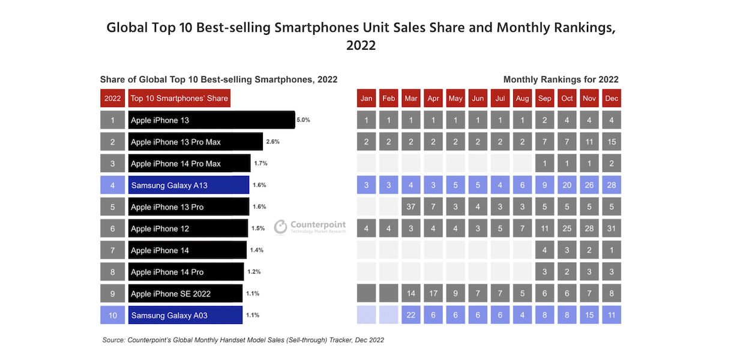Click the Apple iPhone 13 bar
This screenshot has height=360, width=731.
click(211, 120)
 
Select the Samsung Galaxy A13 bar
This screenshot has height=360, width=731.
click(188, 185)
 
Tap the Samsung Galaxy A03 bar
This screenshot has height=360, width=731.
click(185, 315)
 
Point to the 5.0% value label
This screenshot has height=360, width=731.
click(303, 120)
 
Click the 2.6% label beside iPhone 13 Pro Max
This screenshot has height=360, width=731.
click(272, 142)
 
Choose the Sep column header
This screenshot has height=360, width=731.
click(545, 98)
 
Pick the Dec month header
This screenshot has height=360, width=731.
click(612, 98)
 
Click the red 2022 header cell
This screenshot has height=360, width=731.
click(112, 98)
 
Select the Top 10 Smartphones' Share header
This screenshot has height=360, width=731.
click(179, 98)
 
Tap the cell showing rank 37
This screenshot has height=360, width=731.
click(411, 207)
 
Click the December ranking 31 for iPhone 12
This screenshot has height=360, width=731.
click(612, 229)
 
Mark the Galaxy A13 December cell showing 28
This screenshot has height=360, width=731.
click(612, 185)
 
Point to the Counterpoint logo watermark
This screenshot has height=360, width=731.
click(310, 227)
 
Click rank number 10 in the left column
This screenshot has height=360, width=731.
click(112, 315)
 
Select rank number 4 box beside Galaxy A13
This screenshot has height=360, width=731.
click(112, 185)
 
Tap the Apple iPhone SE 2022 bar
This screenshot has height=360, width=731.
click(185, 293)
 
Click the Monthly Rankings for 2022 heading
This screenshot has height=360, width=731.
click(561, 79)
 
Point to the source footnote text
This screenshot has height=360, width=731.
click(243, 340)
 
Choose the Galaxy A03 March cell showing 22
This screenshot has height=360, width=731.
click(411, 315)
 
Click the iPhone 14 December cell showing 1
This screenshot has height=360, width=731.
click(612, 250)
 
